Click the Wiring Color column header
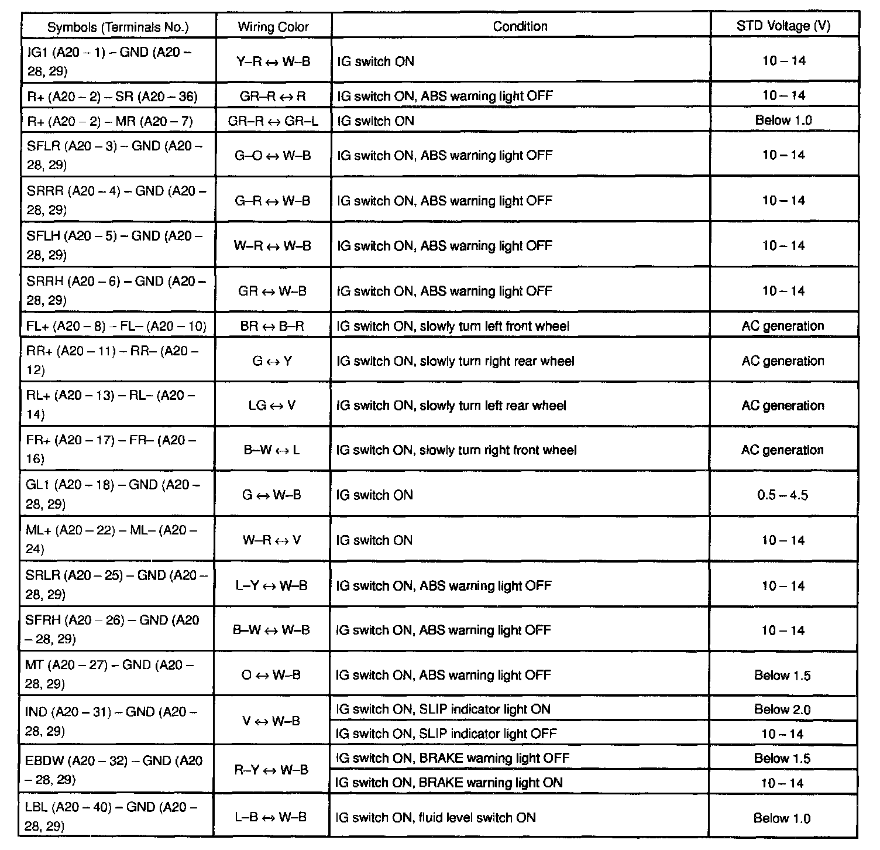tap(273, 26)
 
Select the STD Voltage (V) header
tap(783, 26)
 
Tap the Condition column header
tap(520, 26)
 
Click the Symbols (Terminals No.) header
tap(118, 27)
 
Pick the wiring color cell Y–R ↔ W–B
tap(273, 61)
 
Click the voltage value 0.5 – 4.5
tap(782, 495)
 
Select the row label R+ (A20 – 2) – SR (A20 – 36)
tap(112, 96)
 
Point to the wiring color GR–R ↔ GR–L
tap(273, 121)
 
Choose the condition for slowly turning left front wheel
tap(453, 326)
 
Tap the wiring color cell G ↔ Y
tap(272, 361)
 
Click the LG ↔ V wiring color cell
tap(272, 405)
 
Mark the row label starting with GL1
tap(113, 494)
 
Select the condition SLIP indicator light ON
tap(443, 710)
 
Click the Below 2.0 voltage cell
tap(782, 710)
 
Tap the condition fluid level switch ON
tap(436, 818)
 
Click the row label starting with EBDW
tap(114, 770)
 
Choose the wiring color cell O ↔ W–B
tap(271, 675)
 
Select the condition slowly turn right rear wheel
tap(455, 361)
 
